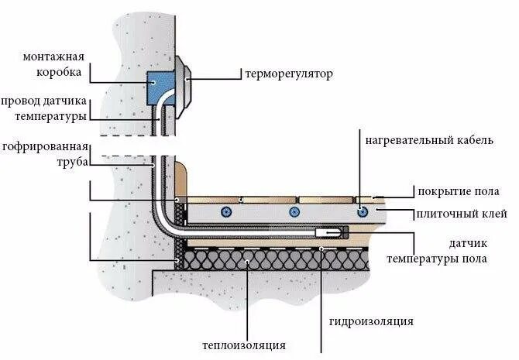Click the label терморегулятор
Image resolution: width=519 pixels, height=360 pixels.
288,74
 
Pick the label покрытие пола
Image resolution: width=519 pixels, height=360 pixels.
458,192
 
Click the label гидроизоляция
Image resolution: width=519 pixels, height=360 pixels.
370,321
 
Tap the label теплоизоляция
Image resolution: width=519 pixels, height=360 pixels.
245,345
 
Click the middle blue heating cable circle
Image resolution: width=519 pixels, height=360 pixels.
293,211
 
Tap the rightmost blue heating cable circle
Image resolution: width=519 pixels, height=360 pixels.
362,211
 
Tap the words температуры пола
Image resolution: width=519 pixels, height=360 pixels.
437,258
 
